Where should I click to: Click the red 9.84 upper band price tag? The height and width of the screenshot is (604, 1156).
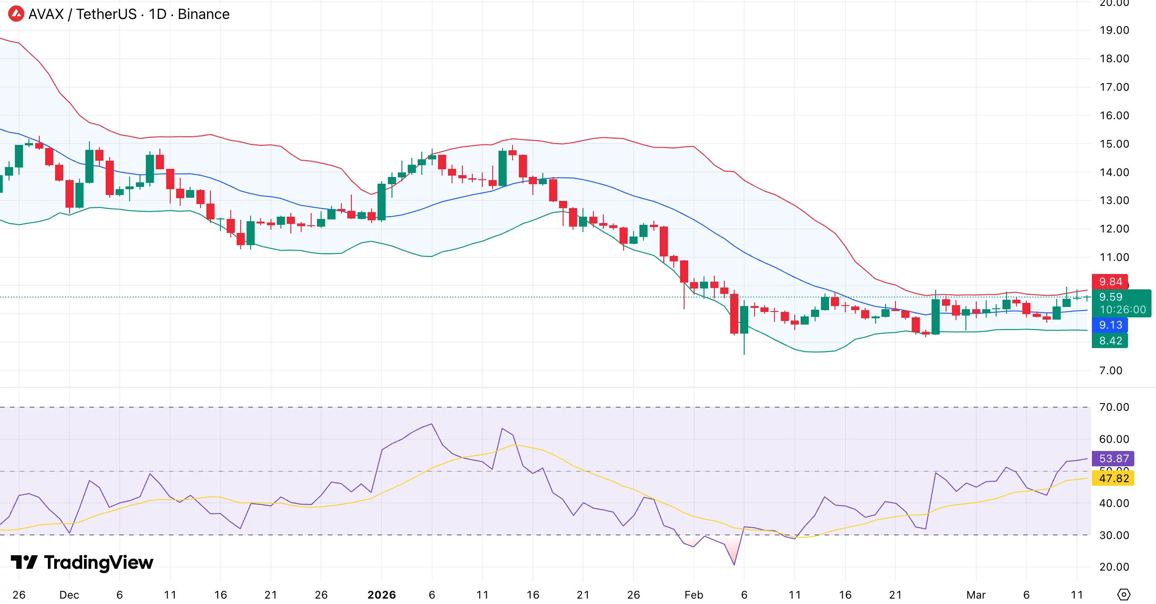point(1109,282)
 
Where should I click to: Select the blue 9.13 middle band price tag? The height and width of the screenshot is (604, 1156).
point(1109,325)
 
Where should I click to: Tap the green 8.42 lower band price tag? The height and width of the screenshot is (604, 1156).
point(1109,341)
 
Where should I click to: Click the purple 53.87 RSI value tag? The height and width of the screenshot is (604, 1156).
point(1113,459)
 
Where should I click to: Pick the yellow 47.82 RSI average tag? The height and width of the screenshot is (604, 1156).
point(1113,478)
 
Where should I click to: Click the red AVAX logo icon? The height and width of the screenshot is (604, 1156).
point(16,14)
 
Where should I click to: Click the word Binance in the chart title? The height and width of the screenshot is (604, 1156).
point(203,14)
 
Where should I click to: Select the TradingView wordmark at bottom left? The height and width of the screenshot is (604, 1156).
point(82,562)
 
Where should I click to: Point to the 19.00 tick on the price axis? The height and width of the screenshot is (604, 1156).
point(1114,30)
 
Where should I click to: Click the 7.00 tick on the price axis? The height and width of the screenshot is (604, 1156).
point(1110,371)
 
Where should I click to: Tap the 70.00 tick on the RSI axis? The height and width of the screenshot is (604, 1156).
point(1114,407)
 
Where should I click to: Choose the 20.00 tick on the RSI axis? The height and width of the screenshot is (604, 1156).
point(1114,567)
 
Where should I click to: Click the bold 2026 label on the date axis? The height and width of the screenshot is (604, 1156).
point(382,595)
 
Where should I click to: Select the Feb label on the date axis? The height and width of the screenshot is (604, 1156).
point(694,595)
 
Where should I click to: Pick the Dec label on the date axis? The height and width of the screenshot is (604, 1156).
point(69,595)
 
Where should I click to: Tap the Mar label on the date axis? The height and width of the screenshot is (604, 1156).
point(976,595)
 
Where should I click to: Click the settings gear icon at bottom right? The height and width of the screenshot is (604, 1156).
point(1123,595)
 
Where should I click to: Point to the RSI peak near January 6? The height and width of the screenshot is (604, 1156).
point(432,424)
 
